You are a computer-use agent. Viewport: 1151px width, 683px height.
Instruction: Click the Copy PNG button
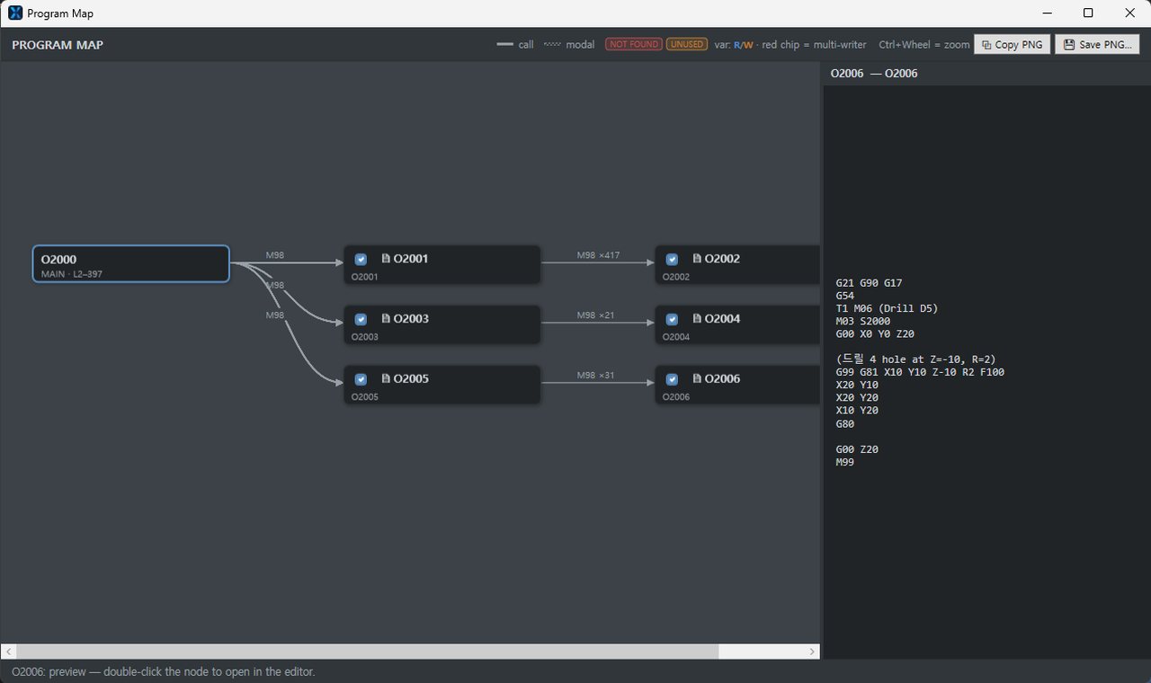(1012, 45)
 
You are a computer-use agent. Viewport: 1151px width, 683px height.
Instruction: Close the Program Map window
(1129, 13)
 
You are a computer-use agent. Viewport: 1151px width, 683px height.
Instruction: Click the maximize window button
(1088, 13)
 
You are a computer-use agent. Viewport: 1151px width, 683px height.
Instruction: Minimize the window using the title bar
(1048, 13)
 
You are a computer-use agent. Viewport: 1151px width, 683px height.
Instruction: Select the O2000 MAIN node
(131, 264)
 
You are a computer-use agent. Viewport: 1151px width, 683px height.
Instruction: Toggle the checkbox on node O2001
(361, 260)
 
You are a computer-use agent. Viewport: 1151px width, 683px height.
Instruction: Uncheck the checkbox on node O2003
(361, 319)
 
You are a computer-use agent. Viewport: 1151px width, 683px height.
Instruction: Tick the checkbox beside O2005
(361, 379)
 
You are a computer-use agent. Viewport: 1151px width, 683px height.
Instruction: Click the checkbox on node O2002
(672, 260)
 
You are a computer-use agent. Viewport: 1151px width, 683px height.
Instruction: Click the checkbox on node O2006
(672, 379)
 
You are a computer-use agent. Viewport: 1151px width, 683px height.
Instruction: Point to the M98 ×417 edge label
(598, 255)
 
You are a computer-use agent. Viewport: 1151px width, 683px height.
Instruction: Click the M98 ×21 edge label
(595, 315)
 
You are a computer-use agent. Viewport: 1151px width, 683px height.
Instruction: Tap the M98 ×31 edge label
(595, 376)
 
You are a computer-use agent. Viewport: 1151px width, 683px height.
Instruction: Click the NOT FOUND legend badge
(634, 44)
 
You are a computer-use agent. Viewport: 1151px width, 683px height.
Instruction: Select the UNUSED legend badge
(687, 44)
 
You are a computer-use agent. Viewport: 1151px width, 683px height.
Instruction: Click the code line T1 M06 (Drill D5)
(887, 308)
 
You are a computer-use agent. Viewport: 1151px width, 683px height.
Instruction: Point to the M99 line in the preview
(844, 462)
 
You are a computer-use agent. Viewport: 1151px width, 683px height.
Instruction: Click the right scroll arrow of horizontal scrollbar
(812, 652)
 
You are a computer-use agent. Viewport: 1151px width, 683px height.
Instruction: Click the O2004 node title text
(722, 319)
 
